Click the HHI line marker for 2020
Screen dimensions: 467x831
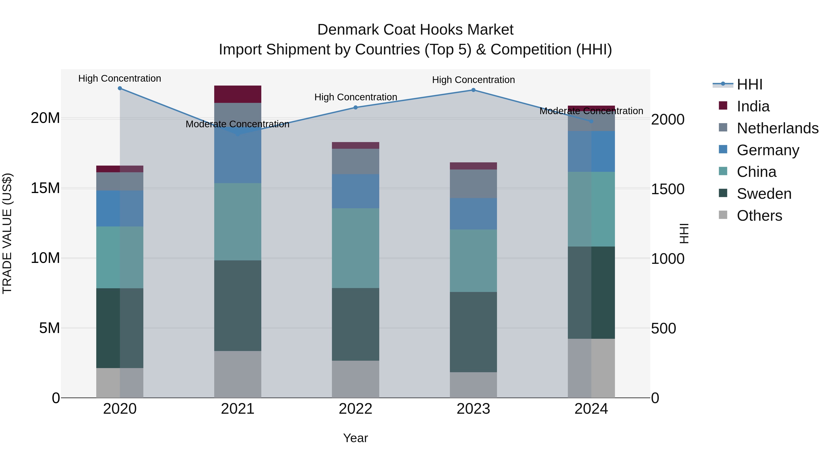click(120, 88)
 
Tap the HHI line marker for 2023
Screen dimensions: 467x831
click(473, 90)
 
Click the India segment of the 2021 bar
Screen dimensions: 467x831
click(238, 94)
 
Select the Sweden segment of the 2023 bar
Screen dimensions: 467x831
click(473, 332)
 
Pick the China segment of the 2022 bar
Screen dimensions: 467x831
click(355, 248)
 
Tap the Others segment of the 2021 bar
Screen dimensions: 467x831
click(238, 374)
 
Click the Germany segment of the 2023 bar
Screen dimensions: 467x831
click(473, 214)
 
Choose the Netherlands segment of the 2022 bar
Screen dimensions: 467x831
click(355, 161)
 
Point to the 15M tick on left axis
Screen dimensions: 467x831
click(45, 188)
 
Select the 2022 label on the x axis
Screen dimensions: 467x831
click(355, 409)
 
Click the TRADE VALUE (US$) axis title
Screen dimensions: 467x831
click(7, 233)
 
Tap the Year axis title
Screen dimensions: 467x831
click(355, 438)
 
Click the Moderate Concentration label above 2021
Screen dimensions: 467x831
click(238, 124)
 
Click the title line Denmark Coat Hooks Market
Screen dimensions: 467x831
click(415, 30)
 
